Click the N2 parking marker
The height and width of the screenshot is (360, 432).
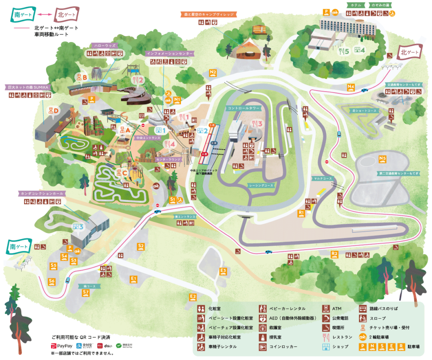[213, 73]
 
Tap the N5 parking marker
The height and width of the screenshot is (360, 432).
[383, 159]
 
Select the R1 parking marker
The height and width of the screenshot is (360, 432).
[301, 213]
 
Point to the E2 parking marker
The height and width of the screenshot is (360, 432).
[193, 297]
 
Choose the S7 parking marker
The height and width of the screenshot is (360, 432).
[86, 292]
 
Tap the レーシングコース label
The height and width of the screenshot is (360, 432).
[261, 185]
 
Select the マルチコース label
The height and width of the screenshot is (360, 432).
[323, 178]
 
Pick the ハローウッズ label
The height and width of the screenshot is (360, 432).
[104, 45]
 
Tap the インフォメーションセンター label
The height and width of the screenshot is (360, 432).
[169, 54]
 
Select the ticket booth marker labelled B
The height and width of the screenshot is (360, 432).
[81, 77]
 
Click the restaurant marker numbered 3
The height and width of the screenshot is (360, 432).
[257, 124]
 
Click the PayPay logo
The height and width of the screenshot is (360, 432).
[62, 346]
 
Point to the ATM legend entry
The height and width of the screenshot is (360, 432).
[337, 308]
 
